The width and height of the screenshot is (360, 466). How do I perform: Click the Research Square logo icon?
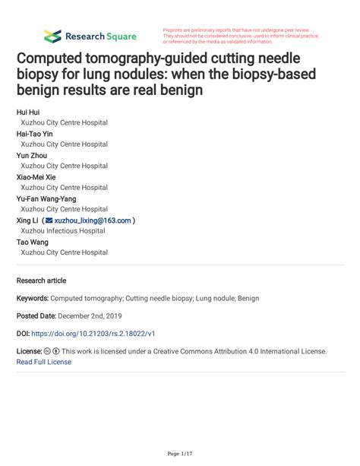[52, 36]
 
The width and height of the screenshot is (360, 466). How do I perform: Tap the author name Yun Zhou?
[32, 155]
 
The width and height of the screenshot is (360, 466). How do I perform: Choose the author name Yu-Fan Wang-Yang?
[46, 198]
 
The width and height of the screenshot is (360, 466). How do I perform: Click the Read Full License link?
[44, 362]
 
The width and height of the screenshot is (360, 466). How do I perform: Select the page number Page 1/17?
[179, 454]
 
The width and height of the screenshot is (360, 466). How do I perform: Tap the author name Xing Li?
[28, 220]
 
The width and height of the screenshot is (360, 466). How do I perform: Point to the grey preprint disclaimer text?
[239, 36]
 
